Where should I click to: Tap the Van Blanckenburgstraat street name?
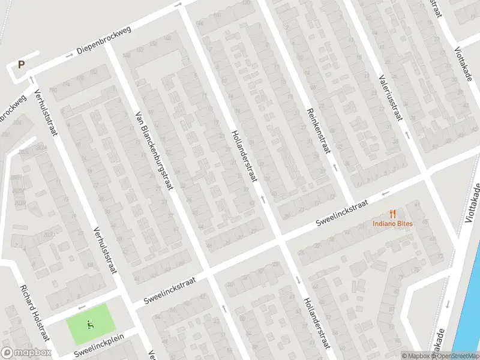coord(154,151)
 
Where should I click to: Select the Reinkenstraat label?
coord(318,131)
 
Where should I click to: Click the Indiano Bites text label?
coord(393,224)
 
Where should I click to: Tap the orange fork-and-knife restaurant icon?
coord(393,214)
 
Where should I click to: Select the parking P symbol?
coord(22,65)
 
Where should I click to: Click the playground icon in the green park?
coord(90,325)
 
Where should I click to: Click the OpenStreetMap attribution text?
coord(457,356)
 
